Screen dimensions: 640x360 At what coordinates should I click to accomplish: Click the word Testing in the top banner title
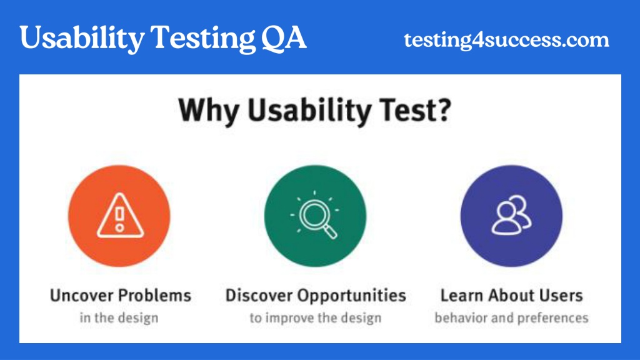[203, 39]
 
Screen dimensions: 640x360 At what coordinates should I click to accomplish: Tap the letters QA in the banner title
[284, 37]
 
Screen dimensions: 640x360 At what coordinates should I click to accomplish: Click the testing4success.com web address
[506, 40]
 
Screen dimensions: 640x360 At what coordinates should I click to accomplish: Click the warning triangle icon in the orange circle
[120, 215]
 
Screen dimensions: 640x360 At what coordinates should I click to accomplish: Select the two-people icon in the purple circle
[511, 215]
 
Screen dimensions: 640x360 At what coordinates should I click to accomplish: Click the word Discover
[259, 295]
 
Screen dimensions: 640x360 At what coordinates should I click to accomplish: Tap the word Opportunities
[352, 296]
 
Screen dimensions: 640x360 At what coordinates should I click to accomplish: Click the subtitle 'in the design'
[119, 317]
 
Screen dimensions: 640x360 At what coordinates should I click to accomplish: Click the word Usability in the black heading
[309, 111]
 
